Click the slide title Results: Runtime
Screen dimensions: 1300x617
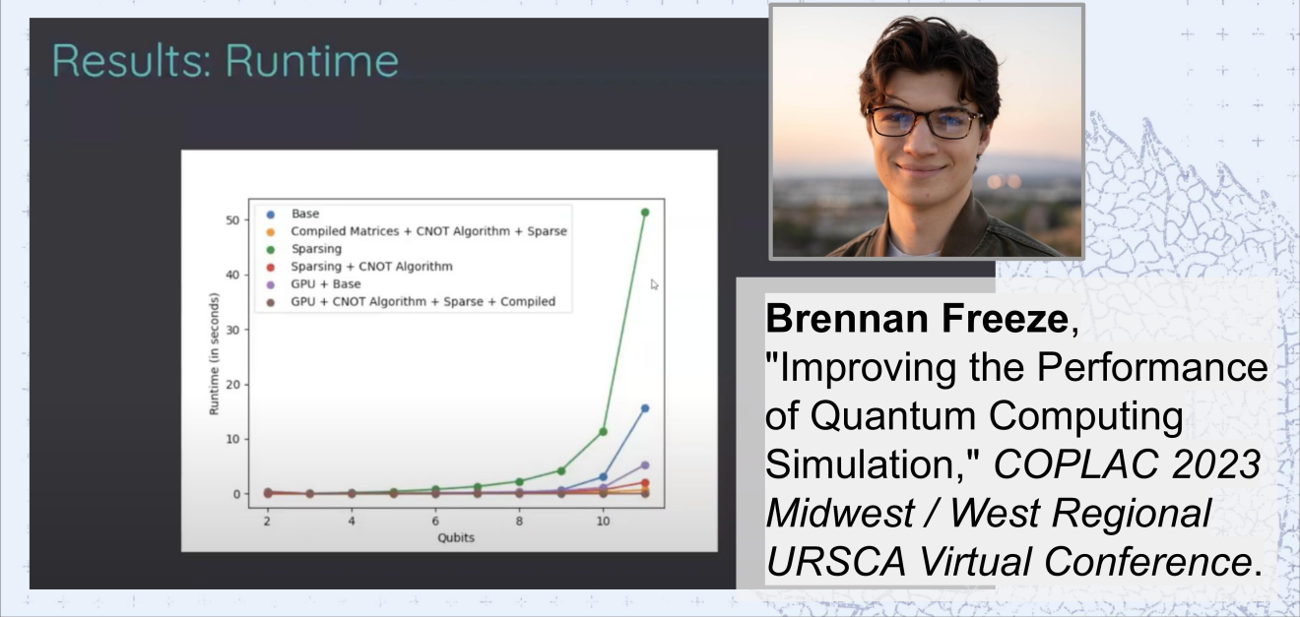[x=226, y=60]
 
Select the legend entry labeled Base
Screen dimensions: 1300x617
[x=293, y=214]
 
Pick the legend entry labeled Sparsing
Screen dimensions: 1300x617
[x=304, y=249]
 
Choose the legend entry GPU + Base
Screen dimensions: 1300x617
[x=313, y=284]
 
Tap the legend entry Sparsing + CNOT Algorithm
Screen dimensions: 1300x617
[x=359, y=267]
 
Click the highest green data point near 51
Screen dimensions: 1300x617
[x=645, y=213]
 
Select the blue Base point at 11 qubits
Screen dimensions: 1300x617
[x=645, y=408]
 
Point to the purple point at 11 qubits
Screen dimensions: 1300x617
[x=645, y=465]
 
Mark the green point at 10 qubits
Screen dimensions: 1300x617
[x=603, y=431]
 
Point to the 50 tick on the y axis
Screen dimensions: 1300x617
[x=232, y=219]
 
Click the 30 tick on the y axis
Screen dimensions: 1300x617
[x=232, y=330]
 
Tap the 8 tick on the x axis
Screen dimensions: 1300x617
[x=519, y=521]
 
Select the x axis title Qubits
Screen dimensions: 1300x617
[x=456, y=537]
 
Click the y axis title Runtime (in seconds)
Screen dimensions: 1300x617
[x=214, y=353]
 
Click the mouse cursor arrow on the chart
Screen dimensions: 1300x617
[x=655, y=284]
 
